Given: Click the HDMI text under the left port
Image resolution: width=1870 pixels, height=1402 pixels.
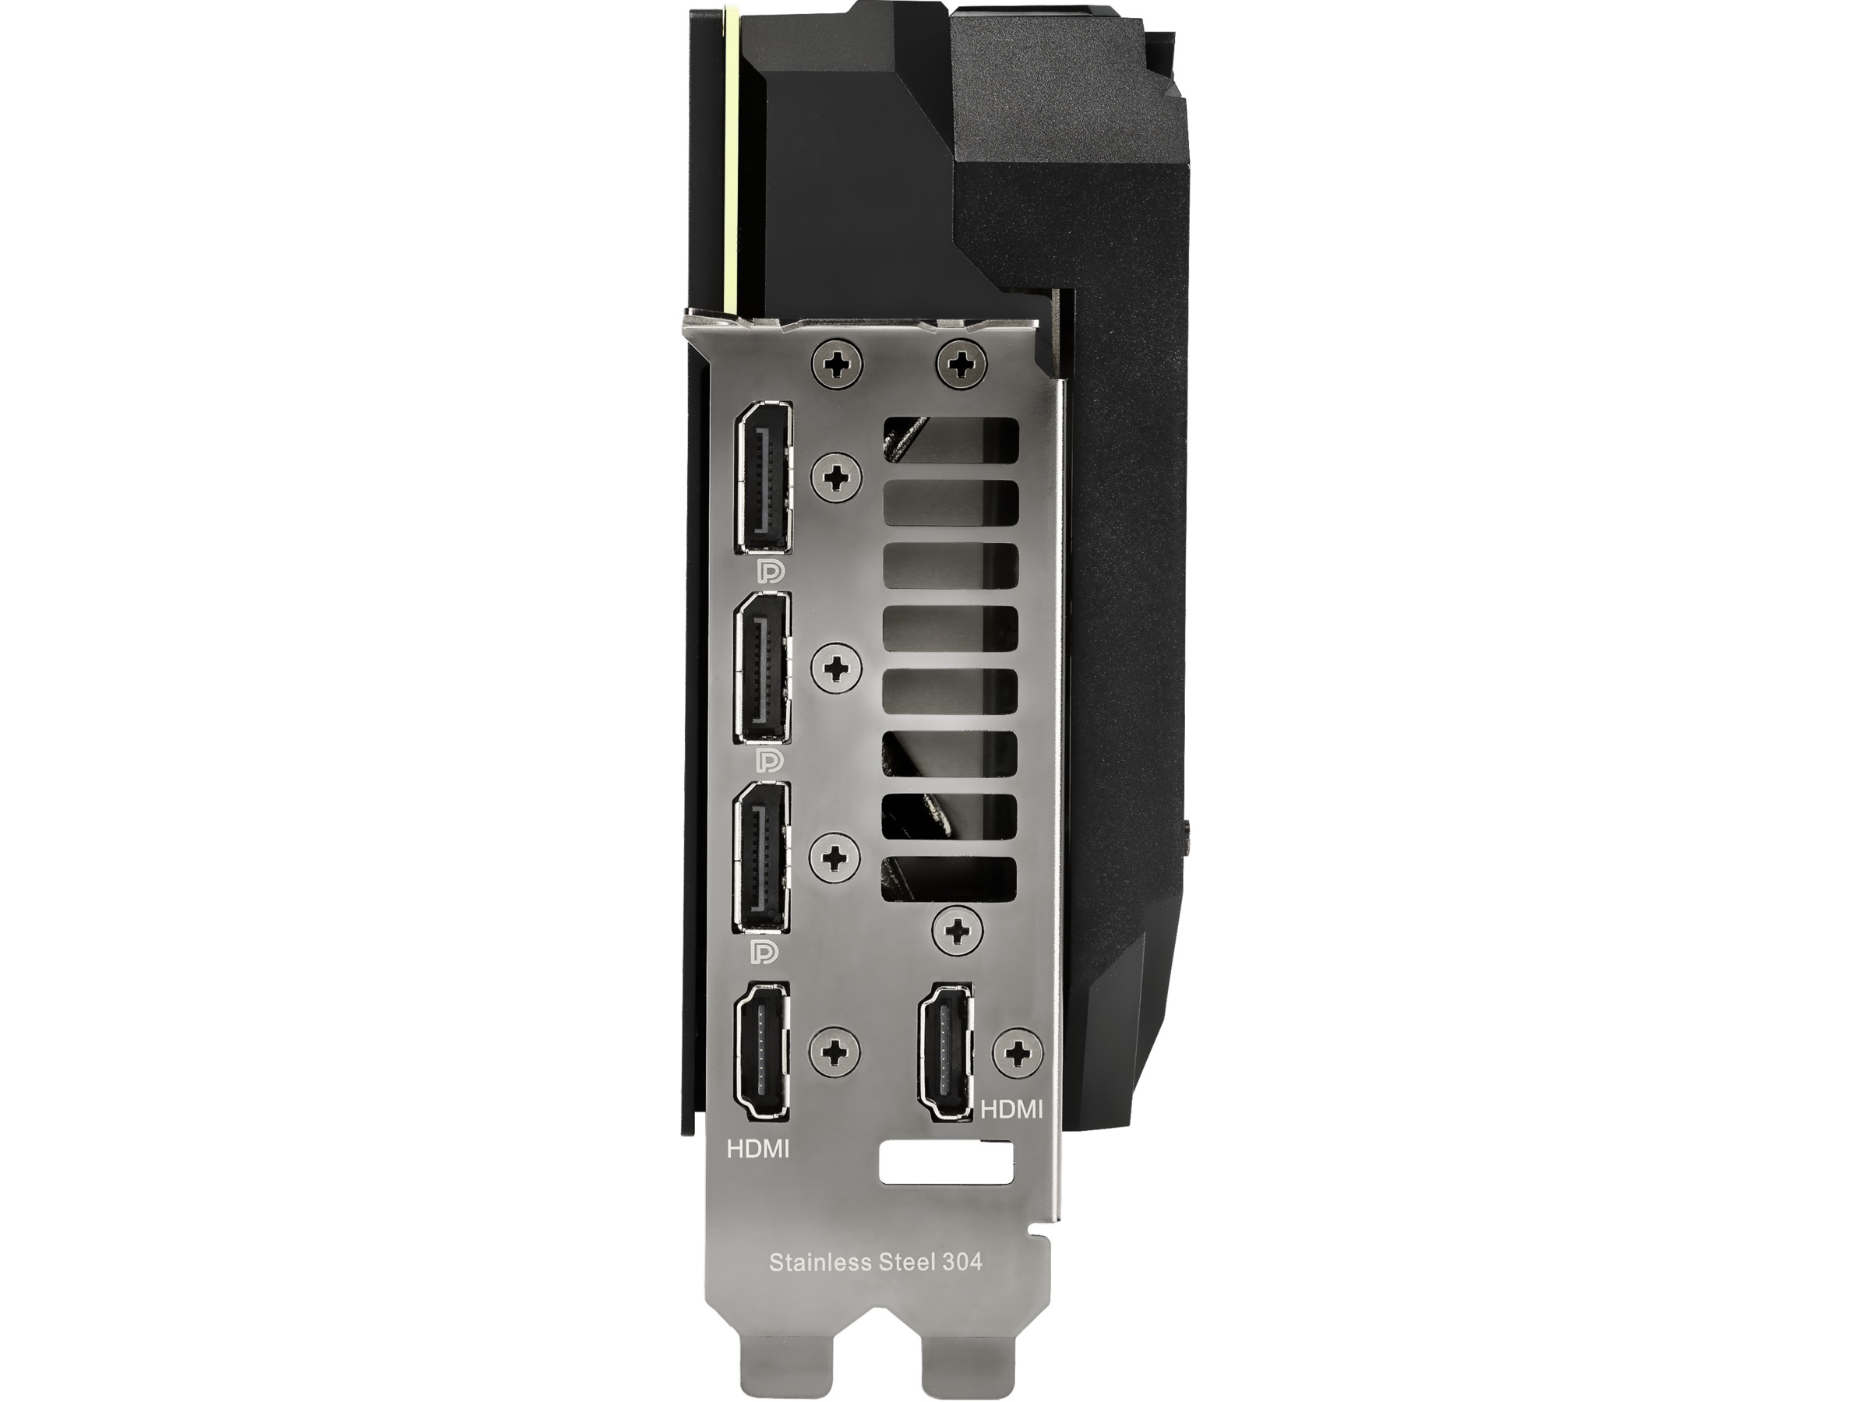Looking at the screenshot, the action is click(757, 1150).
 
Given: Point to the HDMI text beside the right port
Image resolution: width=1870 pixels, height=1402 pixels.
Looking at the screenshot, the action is click(1012, 1109).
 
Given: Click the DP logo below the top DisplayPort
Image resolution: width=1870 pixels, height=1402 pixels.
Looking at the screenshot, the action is click(769, 571).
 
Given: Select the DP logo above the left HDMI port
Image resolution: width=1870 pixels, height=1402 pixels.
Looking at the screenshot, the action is click(766, 952).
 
